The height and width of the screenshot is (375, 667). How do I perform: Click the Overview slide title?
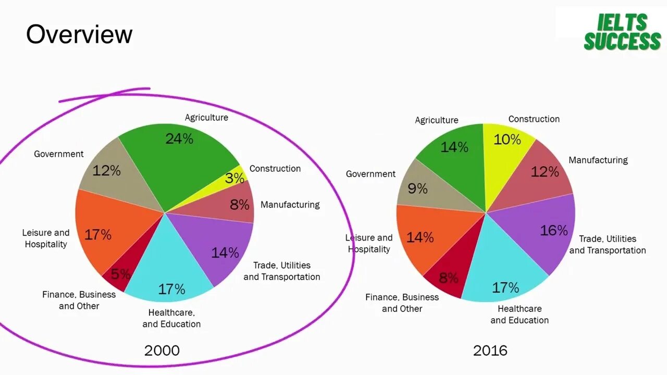coord(79,34)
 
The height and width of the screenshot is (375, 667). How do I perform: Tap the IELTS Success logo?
coord(622,32)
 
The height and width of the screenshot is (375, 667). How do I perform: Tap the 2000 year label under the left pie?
coord(162,351)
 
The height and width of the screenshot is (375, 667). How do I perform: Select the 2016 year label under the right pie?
coord(490,351)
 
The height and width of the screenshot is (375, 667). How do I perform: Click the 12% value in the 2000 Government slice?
coord(106,170)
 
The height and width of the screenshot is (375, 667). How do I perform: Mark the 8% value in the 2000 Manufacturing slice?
coord(240,205)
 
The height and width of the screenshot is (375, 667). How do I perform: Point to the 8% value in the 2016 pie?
coord(448,278)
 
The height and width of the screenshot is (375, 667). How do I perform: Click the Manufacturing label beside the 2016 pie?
coord(598,160)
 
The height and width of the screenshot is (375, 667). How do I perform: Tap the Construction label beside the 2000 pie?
coord(275,169)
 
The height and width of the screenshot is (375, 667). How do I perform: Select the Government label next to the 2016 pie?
coord(370,174)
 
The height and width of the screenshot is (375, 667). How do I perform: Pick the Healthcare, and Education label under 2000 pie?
coord(171,318)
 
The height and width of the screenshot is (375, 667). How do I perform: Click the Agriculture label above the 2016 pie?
coord(436,120)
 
